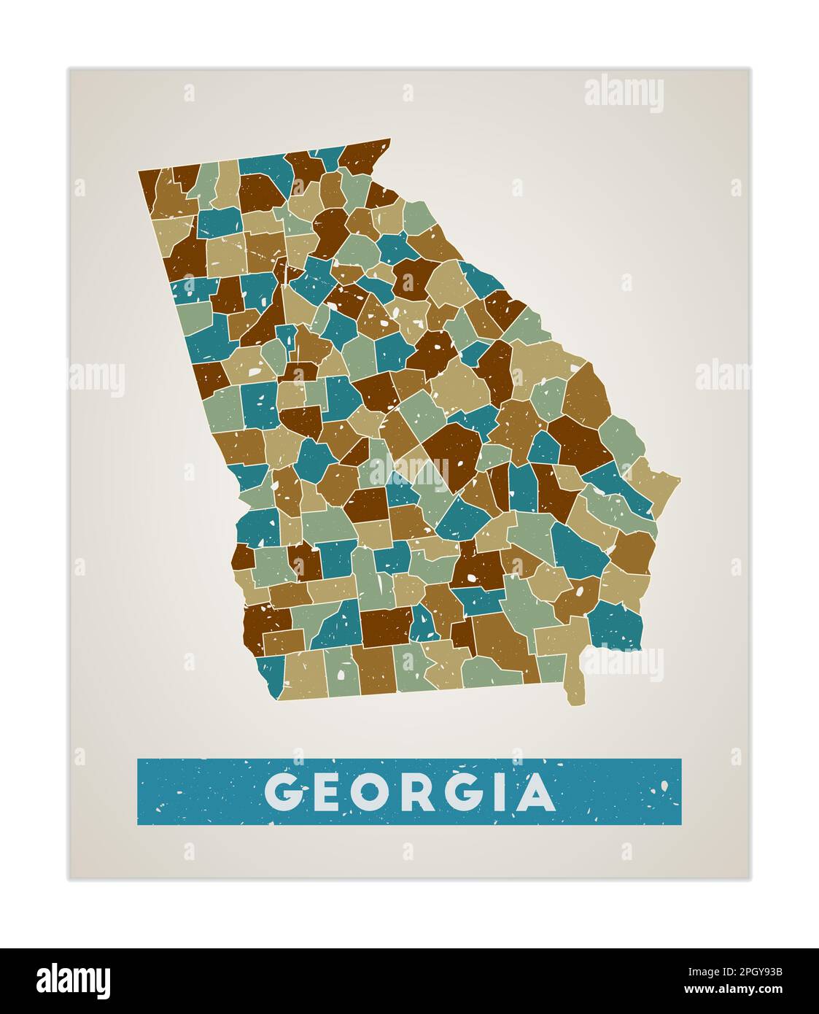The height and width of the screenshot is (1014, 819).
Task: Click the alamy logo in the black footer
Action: [x=74, y=980]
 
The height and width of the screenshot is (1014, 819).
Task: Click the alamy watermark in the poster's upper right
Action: [x=624, y=94]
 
